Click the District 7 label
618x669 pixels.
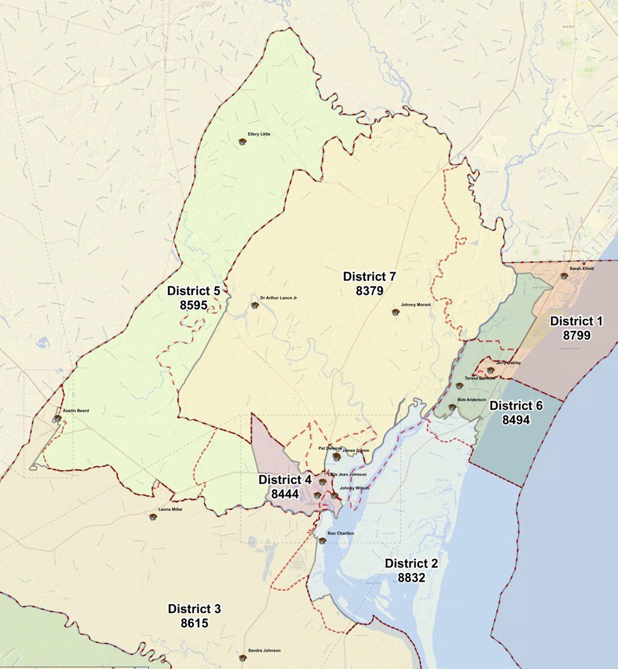click(369, 277)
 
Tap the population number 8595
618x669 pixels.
click(194, 305)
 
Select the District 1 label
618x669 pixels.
click(576, 321)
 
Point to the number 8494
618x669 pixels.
click(516, 420)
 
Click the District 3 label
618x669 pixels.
click(194, 609)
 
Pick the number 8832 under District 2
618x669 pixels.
click(411, 578)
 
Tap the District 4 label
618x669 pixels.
click(285, 480)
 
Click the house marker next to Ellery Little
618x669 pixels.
click(242, 142)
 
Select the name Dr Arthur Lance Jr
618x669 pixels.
click(279, 298)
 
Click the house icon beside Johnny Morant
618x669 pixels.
click(396, 312)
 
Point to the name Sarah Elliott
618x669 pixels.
click(581, 269)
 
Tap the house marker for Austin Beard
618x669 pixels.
click(57, 418)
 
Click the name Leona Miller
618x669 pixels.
click(170, 509)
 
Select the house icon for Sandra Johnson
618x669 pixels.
click(242, 658)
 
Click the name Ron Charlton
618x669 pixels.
click(340, 534)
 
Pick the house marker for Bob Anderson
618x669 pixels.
click(452, 407)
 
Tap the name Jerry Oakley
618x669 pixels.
click(508, 363)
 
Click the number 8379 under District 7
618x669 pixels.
click(369, 291)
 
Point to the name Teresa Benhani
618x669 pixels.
click(480, 379)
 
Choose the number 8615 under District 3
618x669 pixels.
click(194, 623)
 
